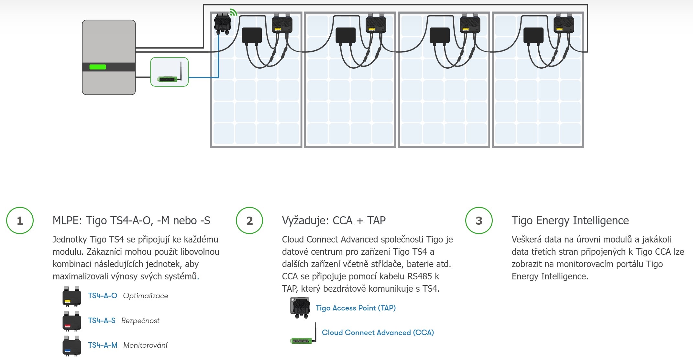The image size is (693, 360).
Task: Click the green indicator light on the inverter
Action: (97, 67)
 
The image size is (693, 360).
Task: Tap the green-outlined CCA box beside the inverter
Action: (170, 72)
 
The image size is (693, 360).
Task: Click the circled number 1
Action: (20, 220)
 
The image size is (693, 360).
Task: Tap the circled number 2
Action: (249, 220)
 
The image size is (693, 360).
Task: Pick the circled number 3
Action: (479, 220)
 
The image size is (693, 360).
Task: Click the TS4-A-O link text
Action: (103, 296)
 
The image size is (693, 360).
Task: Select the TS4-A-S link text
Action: (102, 321)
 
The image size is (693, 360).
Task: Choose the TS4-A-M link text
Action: (103, 345)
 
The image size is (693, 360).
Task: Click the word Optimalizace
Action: (146, 296)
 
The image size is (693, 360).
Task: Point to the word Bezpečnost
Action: (140, 321)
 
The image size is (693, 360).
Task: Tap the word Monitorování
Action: (146, 345)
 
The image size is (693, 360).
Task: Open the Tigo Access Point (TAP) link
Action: (356, 308)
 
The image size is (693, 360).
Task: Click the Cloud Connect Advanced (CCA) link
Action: (378, 332)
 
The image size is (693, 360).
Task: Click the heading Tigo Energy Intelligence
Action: (570, 220)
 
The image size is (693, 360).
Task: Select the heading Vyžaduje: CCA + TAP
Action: (334, 220)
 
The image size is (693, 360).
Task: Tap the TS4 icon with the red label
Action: (71, 321)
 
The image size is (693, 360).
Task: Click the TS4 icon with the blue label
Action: (71, 346)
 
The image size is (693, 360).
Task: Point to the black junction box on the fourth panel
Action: (533, 35)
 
